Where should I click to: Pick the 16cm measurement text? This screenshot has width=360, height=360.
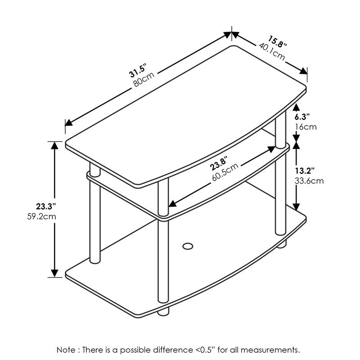(x=306, y=126)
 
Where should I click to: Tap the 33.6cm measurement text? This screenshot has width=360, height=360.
(x=309, y=181)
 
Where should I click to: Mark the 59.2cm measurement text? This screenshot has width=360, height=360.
(x=41, y=216)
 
